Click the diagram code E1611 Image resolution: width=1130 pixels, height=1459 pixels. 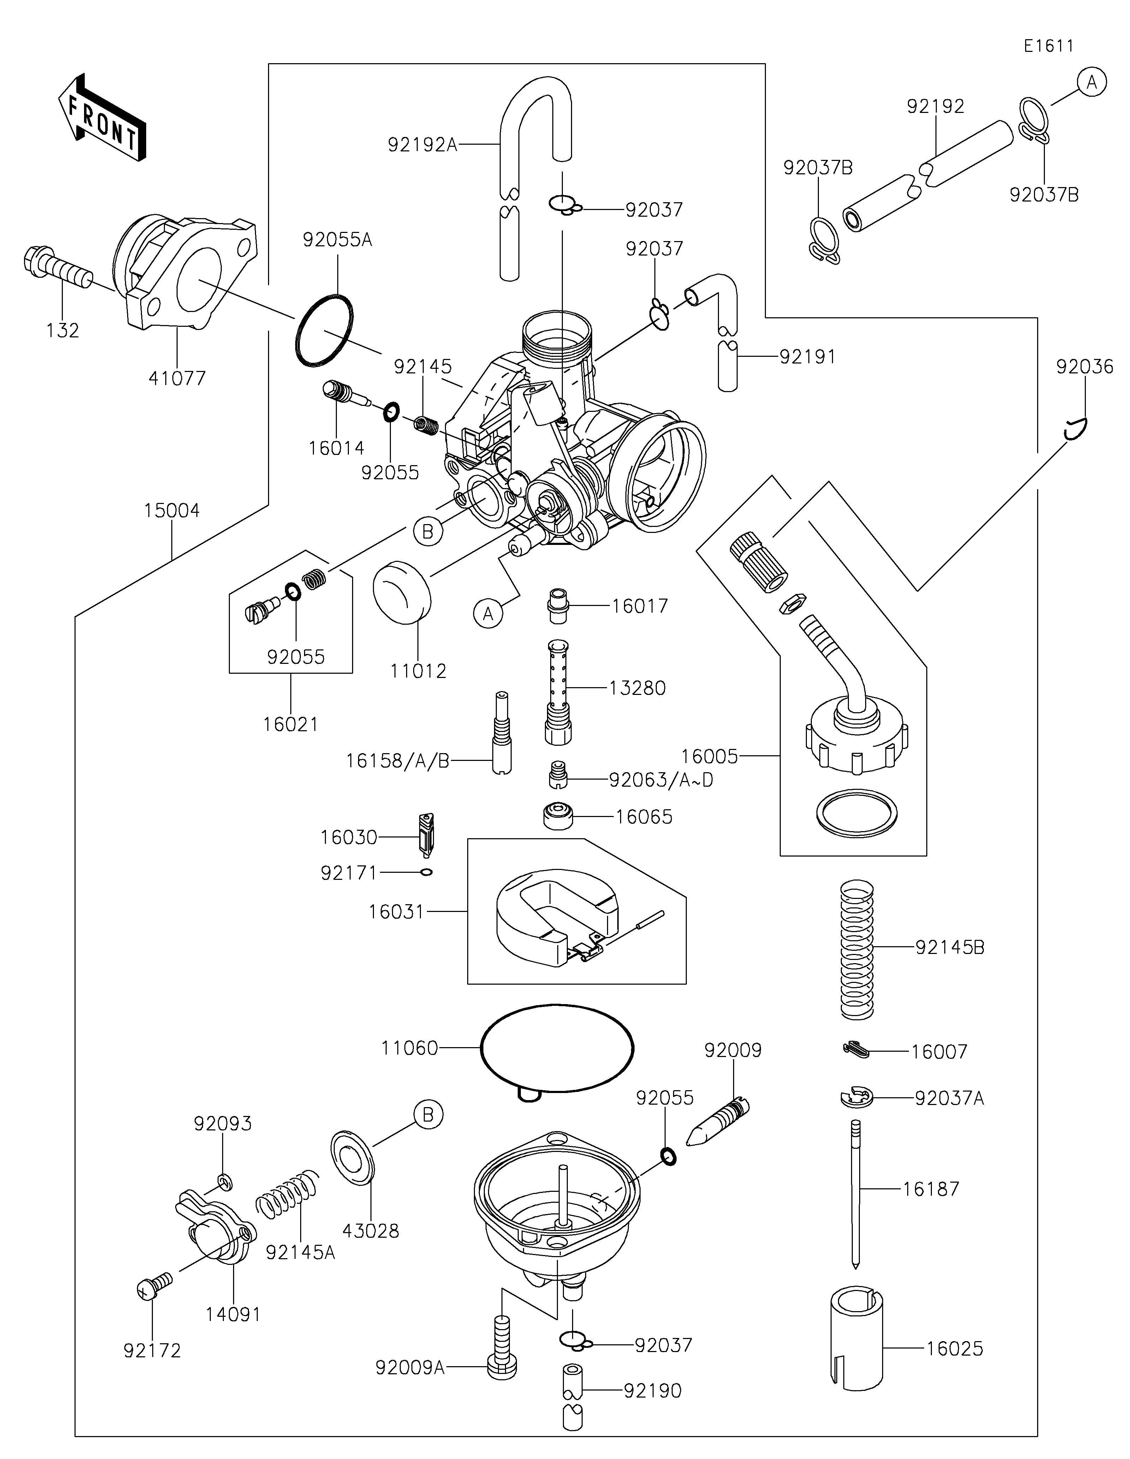tap(1048, 46)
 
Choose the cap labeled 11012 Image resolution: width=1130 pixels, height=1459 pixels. tap(402, 592)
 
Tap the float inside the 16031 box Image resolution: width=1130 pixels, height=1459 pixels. tap(557, 913)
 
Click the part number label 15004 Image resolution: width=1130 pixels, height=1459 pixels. tap(172, 510)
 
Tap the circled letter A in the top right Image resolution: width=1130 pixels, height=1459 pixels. tap(1091, 82)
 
